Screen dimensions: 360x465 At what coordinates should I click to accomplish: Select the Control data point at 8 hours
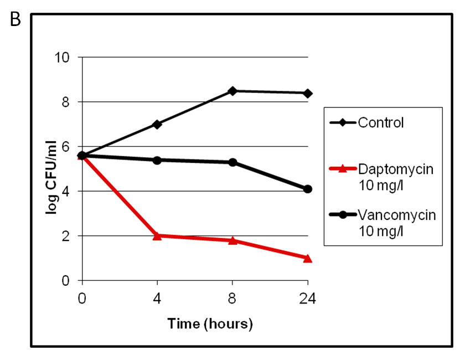tap(232, 91)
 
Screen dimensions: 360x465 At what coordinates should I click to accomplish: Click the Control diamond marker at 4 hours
tap(157, 124)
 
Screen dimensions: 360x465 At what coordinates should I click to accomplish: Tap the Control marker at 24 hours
tap(308, 93)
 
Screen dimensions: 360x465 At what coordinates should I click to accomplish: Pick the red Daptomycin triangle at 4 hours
tap(157, 235)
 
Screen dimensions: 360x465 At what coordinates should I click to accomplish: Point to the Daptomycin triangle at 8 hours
tap(232, 240)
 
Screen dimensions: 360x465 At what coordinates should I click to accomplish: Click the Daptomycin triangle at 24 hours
tap(308, 258)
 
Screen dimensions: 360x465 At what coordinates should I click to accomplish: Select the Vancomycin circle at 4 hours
tap(157, 160)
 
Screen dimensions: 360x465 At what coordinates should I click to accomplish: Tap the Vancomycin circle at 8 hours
tap(232, 162)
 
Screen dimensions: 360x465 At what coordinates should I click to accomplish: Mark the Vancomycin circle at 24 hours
tap(308, 189)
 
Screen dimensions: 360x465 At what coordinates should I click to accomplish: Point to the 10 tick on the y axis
tap(65, 58)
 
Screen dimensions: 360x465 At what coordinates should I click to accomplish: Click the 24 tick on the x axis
tap(308, 299)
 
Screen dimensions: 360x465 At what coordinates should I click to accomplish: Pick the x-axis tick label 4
tap(157, 299)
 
